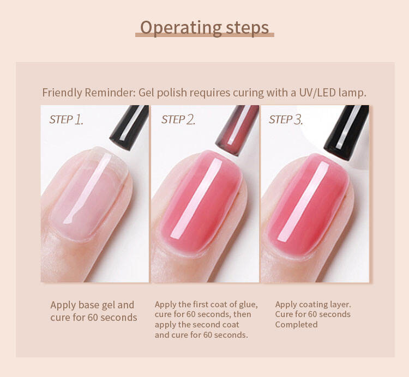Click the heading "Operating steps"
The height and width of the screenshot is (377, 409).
[x=204, y=28]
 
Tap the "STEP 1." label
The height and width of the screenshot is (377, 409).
[x=66, y=120]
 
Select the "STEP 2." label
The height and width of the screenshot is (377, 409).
[x=178, y=120]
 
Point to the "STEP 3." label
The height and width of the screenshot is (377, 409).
[x=286, y=120]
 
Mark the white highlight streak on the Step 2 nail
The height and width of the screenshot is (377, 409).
[x=196, y=198]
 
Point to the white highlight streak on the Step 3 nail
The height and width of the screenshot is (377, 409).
[x=303, y=201]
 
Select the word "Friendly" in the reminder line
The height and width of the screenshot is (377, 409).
[x=62, y=93]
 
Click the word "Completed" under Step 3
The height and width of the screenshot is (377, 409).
[x=296, y=325]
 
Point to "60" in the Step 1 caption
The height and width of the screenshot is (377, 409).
[x=92, y=317]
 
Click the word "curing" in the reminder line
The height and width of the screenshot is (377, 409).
[x=248, y=93]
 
